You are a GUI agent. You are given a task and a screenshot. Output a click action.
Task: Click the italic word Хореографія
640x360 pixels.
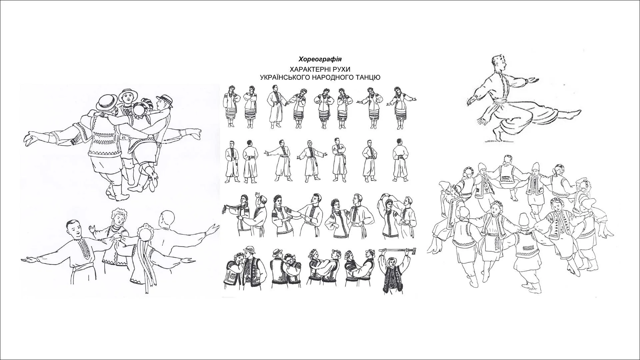(320, 59)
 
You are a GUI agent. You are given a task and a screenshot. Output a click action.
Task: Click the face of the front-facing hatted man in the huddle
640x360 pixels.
(128, 97)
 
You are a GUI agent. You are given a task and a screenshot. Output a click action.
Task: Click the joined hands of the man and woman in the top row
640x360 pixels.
(285, 103)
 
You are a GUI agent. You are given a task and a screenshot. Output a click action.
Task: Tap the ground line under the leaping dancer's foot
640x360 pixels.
(500, 141)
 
